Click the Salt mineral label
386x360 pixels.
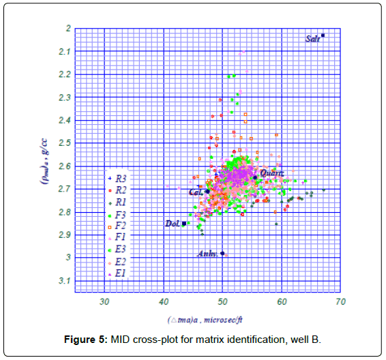click(313, 39)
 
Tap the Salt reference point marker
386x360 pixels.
click(323, 35)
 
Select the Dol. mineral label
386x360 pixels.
click(172, 224)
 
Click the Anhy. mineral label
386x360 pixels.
click(208, 254)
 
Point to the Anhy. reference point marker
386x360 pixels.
click(223, 253)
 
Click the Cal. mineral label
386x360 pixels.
click(196, 192)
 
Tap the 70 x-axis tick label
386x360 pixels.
click(340, 301)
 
